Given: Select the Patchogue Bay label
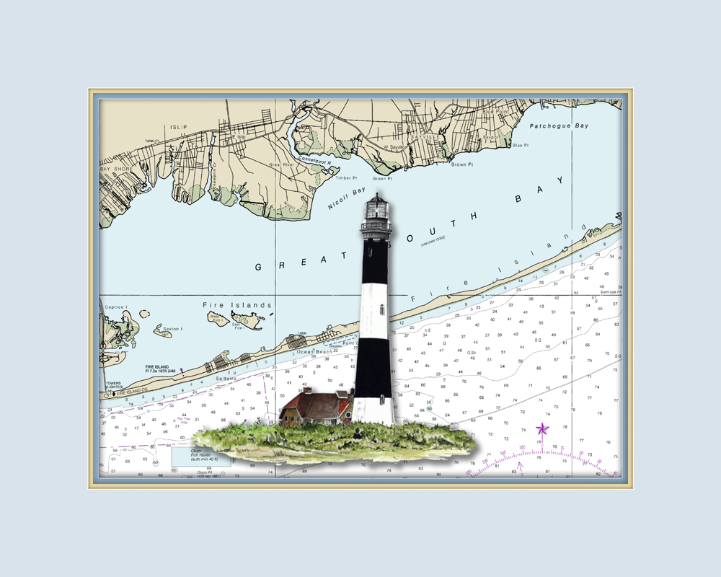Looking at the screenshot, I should pos(559,126).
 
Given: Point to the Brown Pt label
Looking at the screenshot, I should pos(462,164).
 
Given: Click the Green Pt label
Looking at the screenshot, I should pos(382,178).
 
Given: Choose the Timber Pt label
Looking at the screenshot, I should pos(346,177).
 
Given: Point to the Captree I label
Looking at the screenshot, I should pos(117,307).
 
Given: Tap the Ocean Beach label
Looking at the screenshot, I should pos(314,352).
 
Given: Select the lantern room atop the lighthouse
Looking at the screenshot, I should pos(376,207).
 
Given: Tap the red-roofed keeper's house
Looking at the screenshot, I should pos(316,408).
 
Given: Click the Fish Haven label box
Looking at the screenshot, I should pos(201,454).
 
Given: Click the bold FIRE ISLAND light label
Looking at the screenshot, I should pos(156,367).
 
